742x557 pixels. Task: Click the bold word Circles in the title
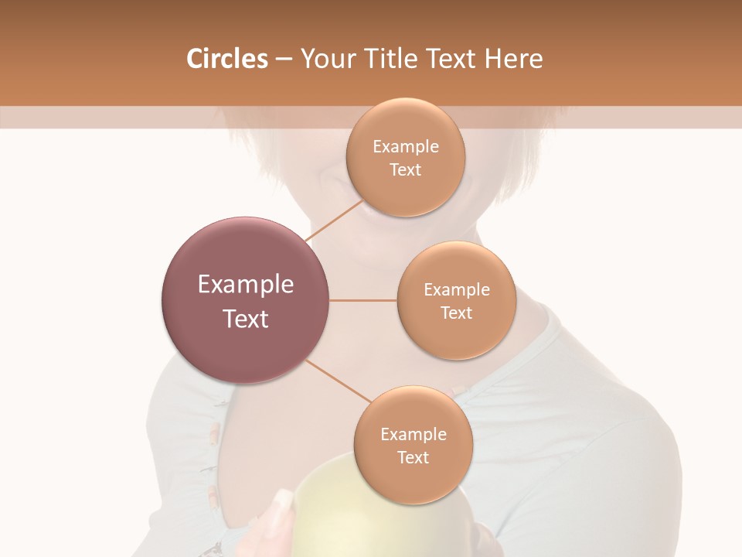pyautogui.click(x=226, y=59)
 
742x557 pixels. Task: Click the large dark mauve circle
pyautogui.click(x=245, y=300)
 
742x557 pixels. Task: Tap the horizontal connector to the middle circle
pyautogui.click(x=362, y=300)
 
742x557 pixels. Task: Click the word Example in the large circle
pyautogui.click(x=245, y=285)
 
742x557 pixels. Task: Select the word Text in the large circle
pyautogui.click(x=245, y=319)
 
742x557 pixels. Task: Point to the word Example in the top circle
pyautogui.click(x=405, y=147)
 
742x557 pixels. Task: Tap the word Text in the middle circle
pyautogui.click(x=456, y=313)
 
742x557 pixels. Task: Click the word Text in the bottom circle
pyautogui.click(x=413, y=458)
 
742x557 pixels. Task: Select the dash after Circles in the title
pyautogui.click(x=283, y=60)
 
